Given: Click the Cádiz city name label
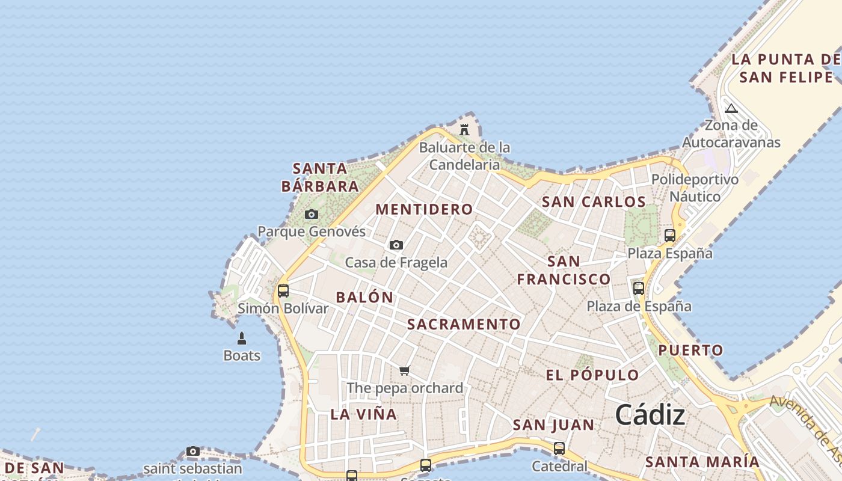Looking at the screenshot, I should click(x=650, y=415).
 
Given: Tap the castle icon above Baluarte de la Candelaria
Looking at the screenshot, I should click(x=464, y=129).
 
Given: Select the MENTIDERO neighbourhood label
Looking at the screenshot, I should click(x=424, y=209).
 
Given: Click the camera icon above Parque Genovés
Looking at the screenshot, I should click(x=312, y=214).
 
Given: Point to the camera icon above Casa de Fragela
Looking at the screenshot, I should click(x=396, y=245).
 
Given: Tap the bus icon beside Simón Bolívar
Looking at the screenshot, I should click(x=283, y=291).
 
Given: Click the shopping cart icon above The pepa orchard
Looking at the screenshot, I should click(x=405, y=370).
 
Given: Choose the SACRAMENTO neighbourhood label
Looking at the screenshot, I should click(x=464, y=325).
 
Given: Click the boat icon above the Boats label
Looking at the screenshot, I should click(x=242, y=339).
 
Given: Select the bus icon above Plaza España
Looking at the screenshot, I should click(x=670, y=236).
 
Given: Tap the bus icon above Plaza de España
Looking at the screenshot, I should click(x=639, y=289).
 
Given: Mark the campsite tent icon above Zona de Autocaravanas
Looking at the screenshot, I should click(x=731, y=109).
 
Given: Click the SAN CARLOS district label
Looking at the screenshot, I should click(x=594, y=202).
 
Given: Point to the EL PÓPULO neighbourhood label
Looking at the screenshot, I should click(x=592, y=375).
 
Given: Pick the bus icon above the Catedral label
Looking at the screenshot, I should click(x=559, y=448).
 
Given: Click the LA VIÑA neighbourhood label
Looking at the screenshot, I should click(x=363, y=414).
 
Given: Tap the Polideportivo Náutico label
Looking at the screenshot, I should click(x=695, y=188).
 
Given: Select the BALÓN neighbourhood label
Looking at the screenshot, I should click(x=364, y=297).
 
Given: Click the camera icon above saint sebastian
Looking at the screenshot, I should click(x=193, y=451).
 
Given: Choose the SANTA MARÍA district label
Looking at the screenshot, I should click(x=702, y=462).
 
